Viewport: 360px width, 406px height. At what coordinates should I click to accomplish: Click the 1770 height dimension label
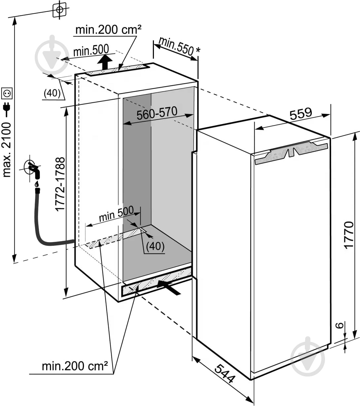click(x=349, y=235)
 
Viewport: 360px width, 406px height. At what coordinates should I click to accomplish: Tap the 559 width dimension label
click(x=301, y=114)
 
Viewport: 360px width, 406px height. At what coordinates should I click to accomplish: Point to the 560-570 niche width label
click(x=157, y=113)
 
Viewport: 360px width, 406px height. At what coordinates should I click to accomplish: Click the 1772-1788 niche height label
click(x=60, y=184)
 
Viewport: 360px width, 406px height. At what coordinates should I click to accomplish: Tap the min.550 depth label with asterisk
click(x=179, y=48)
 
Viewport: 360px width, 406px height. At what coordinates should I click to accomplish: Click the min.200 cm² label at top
click(x=108, y=30)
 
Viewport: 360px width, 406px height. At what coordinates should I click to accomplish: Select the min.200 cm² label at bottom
click(x=75, y=366)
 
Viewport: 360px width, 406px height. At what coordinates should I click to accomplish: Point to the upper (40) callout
click(x=52, y=93)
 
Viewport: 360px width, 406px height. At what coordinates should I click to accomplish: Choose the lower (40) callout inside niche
click(x=155, y=246)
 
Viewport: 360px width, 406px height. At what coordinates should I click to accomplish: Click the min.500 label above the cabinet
click(x=91, y=50)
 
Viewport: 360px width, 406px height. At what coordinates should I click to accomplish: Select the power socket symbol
click(x=7, y=93)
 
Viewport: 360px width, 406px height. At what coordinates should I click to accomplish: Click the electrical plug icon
click(x=7, y=110)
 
